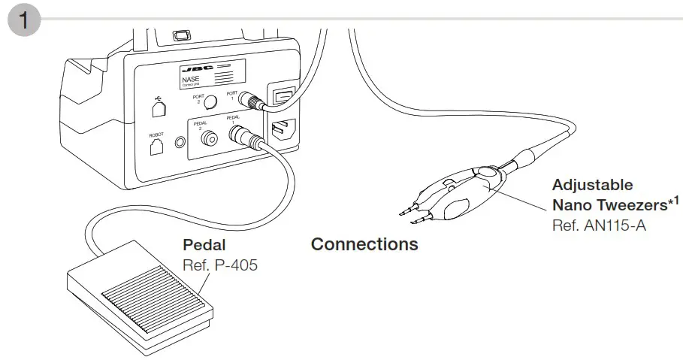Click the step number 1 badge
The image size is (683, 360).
[24, 20]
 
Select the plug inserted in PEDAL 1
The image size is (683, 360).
[245, 136]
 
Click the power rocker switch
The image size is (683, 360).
[281, 98]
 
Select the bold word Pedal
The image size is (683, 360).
[204, 246]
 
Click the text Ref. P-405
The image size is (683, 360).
[220, 265]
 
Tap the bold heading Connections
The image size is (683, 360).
[364, 244]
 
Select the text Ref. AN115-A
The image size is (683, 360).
[599, 224]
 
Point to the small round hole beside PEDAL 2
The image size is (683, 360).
[180, 141]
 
